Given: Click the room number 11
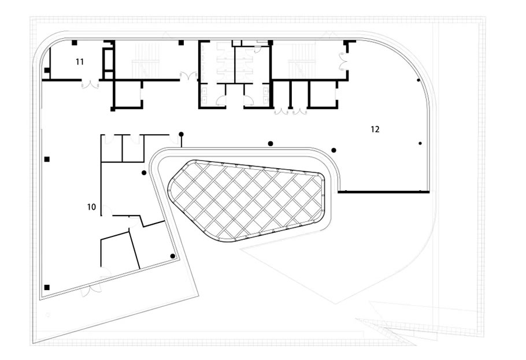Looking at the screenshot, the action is (x=80, y=62).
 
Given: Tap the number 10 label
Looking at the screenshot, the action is (x=91, y=207).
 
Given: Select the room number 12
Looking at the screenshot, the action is (x=375, y=129).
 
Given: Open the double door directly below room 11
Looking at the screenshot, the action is (x=90, y=84).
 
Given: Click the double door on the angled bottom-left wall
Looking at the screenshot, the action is (x=91, y=291).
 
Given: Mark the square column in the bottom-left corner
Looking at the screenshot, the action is (x=47, y=287).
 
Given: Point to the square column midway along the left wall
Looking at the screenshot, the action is (x=47, y=159).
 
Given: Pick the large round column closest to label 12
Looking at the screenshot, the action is (x=334, y=150).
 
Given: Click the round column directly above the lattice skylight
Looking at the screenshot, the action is (x=271, y=144).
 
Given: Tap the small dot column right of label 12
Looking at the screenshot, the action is (x=420, y=143).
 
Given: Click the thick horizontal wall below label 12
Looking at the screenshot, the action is (x=383, y=192).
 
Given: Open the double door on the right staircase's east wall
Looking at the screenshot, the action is (x=344, y=61).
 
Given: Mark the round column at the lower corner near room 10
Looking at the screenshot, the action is (x=172, y=256).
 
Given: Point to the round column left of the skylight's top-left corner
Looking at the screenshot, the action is (x=144, y=173).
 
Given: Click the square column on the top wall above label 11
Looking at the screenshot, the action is (x=75, y=43).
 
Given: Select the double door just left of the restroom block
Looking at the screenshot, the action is (x=189, y=76).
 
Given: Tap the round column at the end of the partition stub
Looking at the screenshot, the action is (x=181, y=134).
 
